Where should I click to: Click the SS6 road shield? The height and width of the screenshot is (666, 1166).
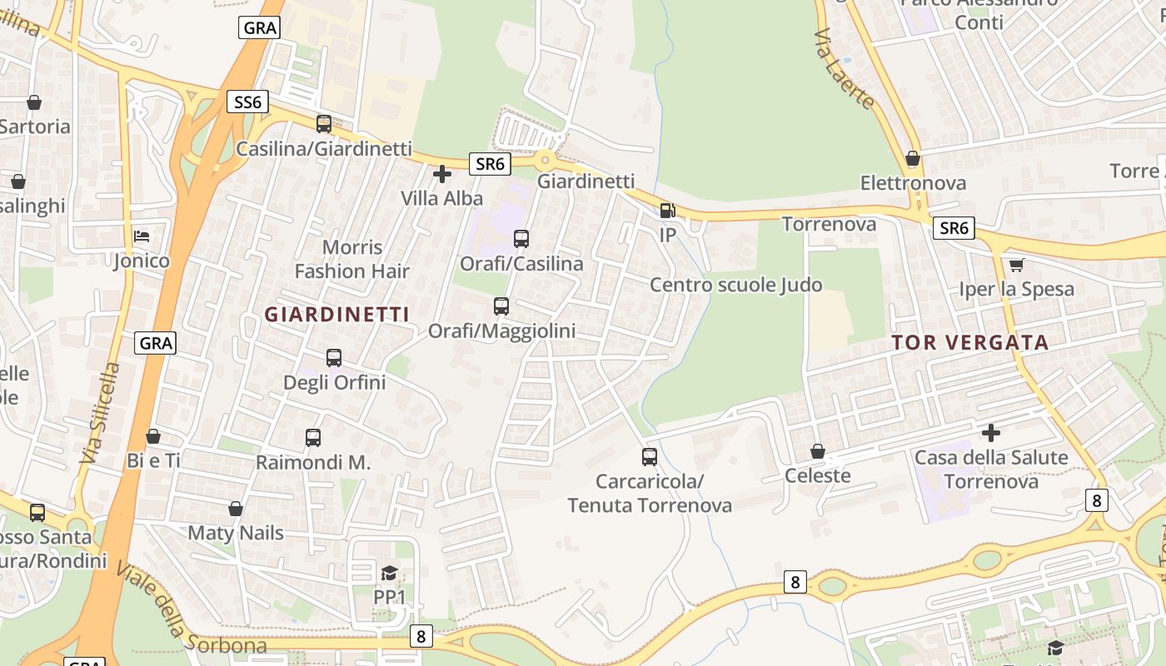[248, 102]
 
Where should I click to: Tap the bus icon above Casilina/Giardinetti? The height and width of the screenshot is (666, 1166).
[324, 124]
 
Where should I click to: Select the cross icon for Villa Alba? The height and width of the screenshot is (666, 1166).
[442, 174]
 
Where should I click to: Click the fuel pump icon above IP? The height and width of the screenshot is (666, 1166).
[667, 211]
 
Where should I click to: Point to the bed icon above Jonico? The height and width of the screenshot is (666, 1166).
[142, 236]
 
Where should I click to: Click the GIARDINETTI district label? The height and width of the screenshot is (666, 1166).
[337, 315]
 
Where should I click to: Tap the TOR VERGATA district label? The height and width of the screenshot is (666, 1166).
[970, 342]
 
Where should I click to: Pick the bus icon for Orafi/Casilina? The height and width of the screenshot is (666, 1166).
[521, 239]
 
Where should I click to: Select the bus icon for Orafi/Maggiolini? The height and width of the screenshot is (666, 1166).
[501, 306]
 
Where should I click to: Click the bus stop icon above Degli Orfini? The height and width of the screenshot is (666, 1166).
[334, 358]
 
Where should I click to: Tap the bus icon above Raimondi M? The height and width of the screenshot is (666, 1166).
[313, 438]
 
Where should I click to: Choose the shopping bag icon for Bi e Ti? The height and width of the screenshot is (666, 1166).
[153, 436]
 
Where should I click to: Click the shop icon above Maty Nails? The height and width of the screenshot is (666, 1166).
[236, 509]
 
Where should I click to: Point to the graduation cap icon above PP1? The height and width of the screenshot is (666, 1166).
[389, 573]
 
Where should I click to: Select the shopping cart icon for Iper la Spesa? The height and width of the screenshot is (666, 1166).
[1016, 266]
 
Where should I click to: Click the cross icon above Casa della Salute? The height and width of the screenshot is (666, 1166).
[991, 433]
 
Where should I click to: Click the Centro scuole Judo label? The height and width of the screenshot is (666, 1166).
[736, 286]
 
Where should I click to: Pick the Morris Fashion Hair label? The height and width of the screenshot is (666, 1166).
[352, 259]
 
